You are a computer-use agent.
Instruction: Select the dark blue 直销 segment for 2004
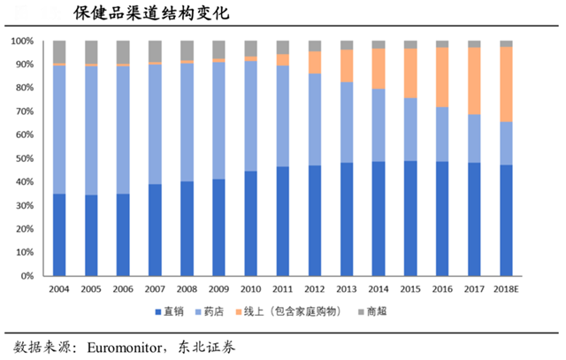[x=59, y=234]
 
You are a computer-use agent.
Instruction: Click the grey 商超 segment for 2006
[x=123, y=51]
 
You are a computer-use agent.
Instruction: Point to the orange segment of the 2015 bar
[x=409, y=73]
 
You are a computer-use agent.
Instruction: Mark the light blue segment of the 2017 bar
[x=474, y=138]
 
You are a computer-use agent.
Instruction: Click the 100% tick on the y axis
[x=24, y=42]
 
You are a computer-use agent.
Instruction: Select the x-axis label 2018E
[x=506, y=289]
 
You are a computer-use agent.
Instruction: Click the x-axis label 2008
[x=187, y=289]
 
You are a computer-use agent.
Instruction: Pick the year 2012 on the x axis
[x=314, y=289]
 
